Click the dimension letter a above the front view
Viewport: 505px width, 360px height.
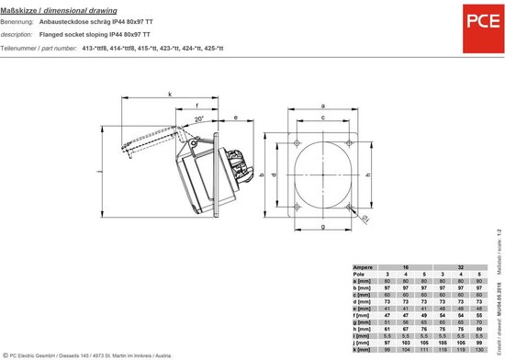322,106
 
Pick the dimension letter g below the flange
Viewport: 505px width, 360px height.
322,225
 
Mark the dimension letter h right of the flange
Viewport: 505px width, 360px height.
368,173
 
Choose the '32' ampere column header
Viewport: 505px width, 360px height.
461,266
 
